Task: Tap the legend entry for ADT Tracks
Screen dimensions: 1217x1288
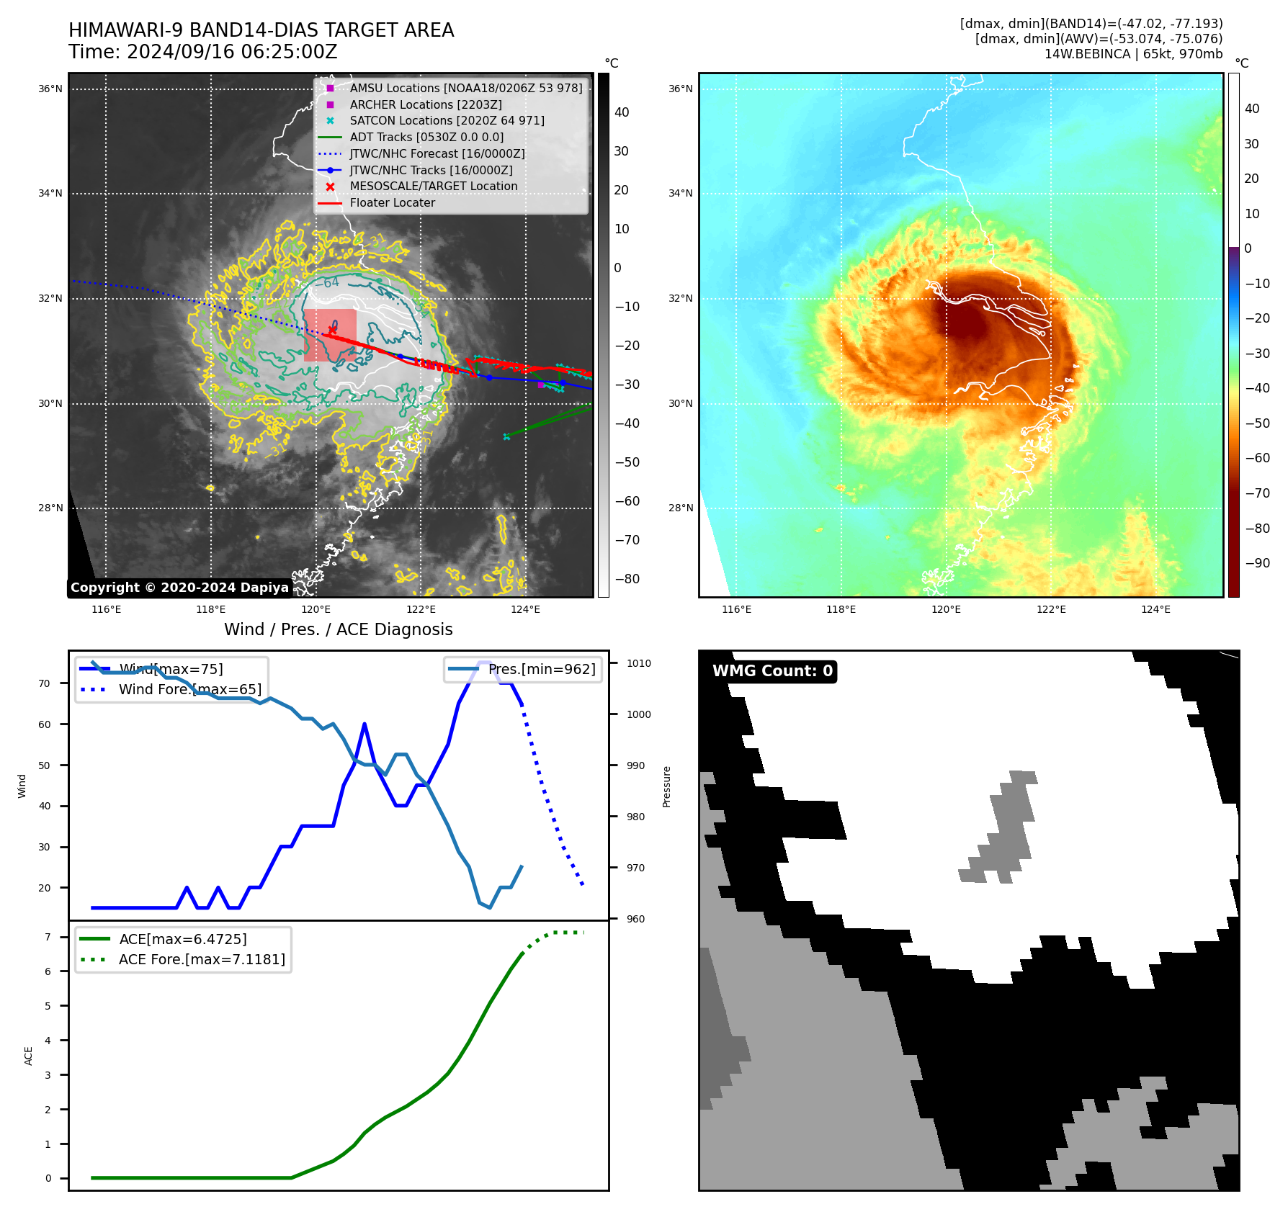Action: pos(426,138)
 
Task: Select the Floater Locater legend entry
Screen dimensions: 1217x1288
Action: pos(392,203)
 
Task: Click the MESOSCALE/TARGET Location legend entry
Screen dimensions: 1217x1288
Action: pos(433,187)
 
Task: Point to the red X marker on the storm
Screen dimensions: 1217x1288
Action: pos(332,330)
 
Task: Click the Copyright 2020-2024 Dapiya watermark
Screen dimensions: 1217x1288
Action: pos(179,588)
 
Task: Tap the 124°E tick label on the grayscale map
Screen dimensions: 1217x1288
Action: pos(525,610)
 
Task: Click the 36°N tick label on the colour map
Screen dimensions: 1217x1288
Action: pos(680,89)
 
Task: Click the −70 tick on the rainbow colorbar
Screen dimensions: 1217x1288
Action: pos(1258,493)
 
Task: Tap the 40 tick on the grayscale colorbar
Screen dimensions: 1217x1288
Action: pos(622,112)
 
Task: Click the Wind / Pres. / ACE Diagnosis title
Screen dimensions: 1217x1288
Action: pos(338,629)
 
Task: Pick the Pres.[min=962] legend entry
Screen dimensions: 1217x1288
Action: pos(541,670)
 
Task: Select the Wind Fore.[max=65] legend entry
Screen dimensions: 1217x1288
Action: pos(189,690)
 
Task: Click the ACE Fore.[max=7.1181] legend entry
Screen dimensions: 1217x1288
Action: pos(202,960)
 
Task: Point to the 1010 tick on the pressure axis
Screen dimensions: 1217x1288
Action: pos(638,663)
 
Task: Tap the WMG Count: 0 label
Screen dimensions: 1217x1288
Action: pos(772,671)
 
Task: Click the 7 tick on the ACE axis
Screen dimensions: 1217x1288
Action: pos(48,937)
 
